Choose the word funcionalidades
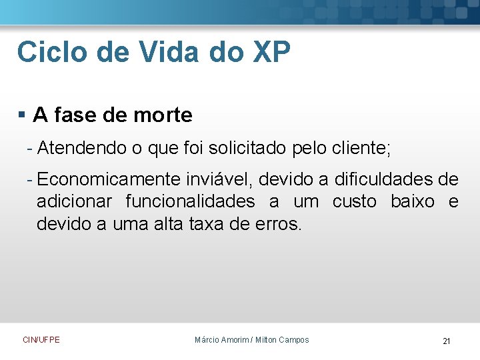(x=190, y=201)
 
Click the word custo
(x=355, y=201)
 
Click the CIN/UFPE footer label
(x=41, y=340)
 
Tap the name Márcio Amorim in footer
(x=221, y=340)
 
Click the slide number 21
(x=447, y=341)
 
